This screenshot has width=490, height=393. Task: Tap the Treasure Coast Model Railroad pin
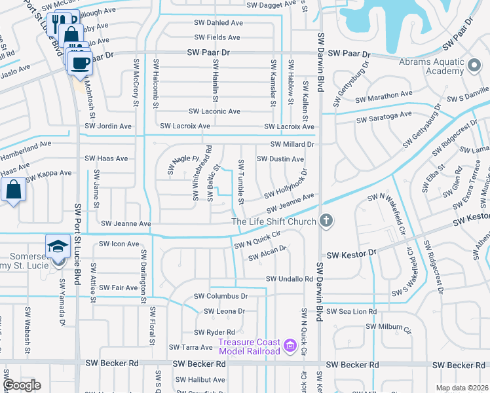pyautogui.click(x=289, y=343)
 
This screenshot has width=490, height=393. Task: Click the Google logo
pyautogui.click(x=22, y=385)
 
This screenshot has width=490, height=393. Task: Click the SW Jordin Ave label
pyautogui.click(x=108, y=126)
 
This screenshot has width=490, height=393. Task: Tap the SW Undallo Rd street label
pyautogui.click(x=289, y=279)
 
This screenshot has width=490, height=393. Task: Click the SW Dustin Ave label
pyautogui.click(x=280, y=159)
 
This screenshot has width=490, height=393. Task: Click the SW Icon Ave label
pyautogui.click(x=119, y=244)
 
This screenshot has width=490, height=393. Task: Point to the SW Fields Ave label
pyautogui.click(x=217, y=38)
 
